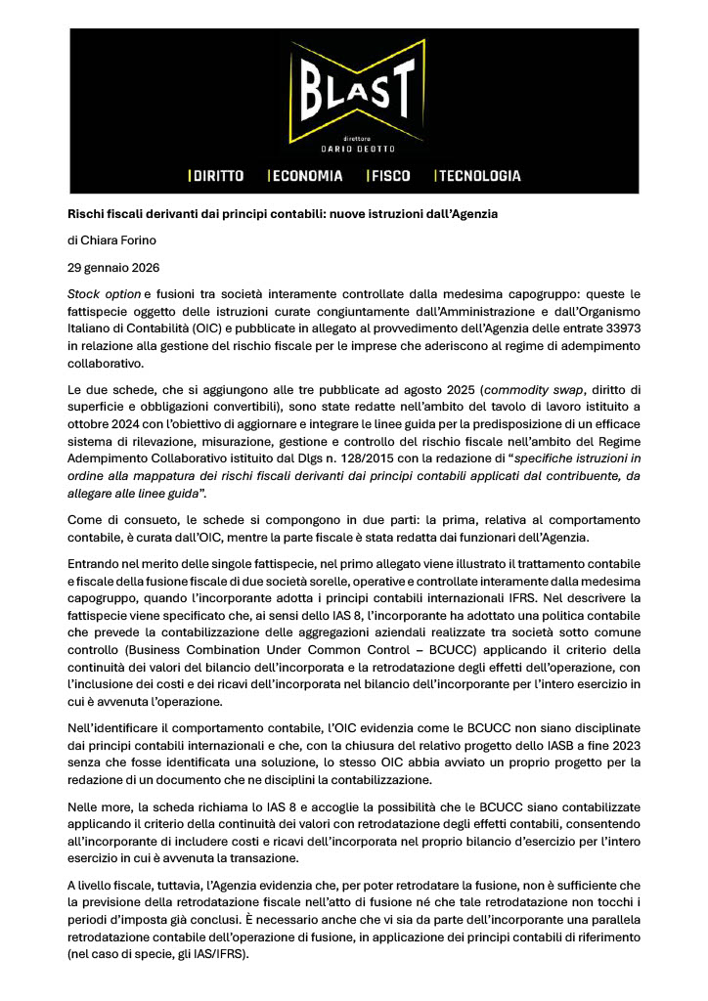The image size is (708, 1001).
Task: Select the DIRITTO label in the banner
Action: [x=217, y=176]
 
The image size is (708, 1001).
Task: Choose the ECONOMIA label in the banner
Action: [x=307, y=176]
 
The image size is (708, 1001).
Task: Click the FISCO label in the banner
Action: [x=389, y=176]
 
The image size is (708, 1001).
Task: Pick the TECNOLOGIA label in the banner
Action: [x=479, y=176]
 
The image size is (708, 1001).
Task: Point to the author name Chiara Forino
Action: [x=113, y=240]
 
